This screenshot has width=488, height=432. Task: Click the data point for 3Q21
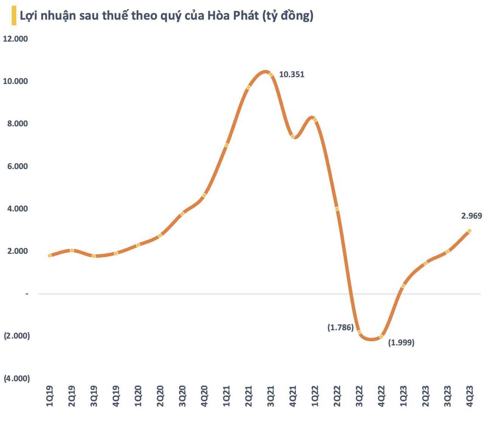click(x=271, y=75)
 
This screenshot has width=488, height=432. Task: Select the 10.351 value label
click(x=292, y=75)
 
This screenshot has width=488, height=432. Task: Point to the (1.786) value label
click(x=340, y=328)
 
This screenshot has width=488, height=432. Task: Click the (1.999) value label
click(x=402, y=343)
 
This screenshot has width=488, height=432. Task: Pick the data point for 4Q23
click(x=469, y=231)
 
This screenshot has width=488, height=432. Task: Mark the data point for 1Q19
click(x=50, y=256)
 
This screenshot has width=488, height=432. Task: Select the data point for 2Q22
click(x=337, y=208)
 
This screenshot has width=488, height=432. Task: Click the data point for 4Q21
click(x=292, y=137)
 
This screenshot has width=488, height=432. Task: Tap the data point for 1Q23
click(x=403, y=286)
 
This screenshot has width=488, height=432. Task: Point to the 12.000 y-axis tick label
click(x=16, y=39)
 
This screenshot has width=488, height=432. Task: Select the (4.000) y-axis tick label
click(x=17, y=379)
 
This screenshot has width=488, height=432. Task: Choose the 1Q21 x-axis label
click(x=227, y=396)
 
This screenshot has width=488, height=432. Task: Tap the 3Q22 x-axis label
click(x=359, y=396)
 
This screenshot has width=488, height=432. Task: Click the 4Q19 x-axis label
click(x=116, y=396)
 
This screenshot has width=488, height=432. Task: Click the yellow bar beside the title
click(x=14, y=16)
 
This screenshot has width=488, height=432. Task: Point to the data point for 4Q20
click(x=204, y=195)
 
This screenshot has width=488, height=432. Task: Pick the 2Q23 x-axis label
click(x=426, y=396)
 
